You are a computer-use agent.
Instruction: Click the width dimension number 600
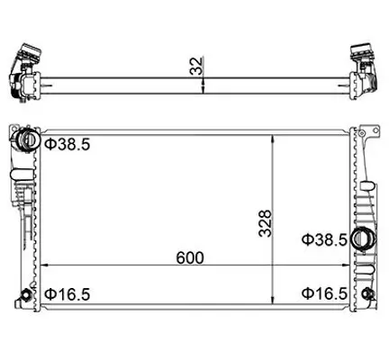click(191, 256)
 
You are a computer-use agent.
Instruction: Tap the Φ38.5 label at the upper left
click(67, 144)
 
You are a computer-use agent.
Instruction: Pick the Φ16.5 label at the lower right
click(323, 293)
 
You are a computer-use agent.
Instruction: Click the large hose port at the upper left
click(27, 141)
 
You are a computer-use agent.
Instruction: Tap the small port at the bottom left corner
click(27, 294)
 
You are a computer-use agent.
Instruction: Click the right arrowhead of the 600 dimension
click(343, 267)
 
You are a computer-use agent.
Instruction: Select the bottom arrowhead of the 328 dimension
click(273, 304)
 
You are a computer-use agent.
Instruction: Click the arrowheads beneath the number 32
click(205, 85)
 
